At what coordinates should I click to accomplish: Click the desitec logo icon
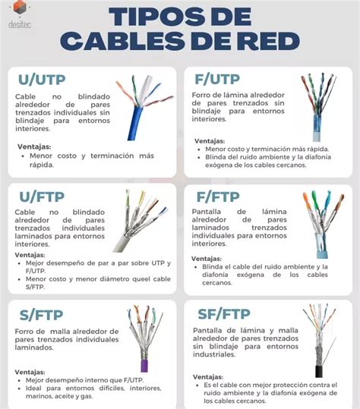coord(21,10)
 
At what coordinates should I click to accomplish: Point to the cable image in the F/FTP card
coord(317,228)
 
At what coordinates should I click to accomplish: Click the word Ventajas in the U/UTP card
coord(33,146)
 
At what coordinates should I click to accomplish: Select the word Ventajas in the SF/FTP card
coord(211,375)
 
